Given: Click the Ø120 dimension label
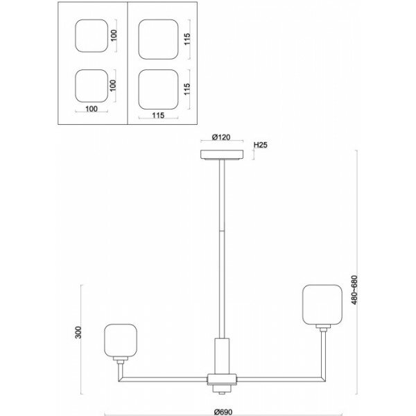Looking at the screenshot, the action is (x=221, y=137).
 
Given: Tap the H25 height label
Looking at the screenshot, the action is (x=261, y=145).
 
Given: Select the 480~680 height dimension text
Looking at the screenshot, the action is (x=354, y=290).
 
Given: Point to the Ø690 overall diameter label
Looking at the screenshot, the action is (x=223, y=412).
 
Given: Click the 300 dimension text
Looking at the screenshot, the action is (x=78, y=332).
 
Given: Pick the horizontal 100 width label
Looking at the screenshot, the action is (x=92, y=109).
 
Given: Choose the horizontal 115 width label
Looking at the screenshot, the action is (x=158, y=115).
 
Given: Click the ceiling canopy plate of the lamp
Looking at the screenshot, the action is (x=222, y=155).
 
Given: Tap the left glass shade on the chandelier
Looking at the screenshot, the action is (x=121, y=340).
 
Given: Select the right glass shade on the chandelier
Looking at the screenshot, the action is (x=322, y=304).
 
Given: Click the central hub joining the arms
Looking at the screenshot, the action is (x=222, y=379).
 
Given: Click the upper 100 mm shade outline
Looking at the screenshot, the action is (x=92, y=36).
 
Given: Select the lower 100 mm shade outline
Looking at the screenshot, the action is (x=92, y=86).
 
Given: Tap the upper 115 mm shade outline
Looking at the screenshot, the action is (x=158, y=40).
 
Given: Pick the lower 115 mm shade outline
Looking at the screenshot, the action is (x=158, y=89).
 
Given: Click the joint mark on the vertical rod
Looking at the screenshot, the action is (x=222, y=231).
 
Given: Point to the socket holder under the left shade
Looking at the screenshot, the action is (x=121, y=360).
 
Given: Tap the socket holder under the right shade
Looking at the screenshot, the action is (x=323, y=328).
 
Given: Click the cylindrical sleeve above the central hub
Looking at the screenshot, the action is (x=222, y=356).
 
